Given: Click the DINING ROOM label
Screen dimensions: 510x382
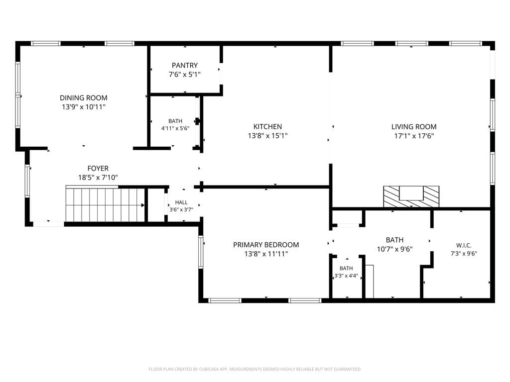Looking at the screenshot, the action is point(84,98).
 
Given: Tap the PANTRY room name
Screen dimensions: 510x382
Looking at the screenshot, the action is point(185,65).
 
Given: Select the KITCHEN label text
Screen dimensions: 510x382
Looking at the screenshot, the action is point(267,127).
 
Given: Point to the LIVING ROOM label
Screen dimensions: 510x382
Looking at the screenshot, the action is point(414,127).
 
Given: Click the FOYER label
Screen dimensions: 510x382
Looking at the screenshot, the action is point(98,168).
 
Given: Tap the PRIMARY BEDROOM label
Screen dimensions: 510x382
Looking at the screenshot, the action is point(266,245).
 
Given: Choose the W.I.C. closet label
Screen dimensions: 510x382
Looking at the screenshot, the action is point(464,246).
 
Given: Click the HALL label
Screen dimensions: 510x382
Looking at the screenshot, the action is point(181,202).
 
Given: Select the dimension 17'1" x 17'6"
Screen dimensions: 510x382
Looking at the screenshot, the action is point(414,136).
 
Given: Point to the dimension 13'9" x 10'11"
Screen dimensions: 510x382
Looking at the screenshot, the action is point(84,107).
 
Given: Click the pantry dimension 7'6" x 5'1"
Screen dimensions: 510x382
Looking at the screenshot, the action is point(185,75).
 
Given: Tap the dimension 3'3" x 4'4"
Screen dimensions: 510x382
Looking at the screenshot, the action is point(346,276).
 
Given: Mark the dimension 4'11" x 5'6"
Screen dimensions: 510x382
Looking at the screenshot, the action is point(175,128).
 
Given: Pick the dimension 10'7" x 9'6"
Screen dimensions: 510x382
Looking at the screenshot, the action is point(395,249).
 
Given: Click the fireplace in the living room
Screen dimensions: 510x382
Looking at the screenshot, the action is point(411,196).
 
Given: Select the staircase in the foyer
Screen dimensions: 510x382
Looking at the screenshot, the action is point(106,204).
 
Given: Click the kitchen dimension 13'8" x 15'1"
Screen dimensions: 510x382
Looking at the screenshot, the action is point(267,136).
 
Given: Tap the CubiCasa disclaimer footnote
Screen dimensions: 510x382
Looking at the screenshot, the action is point(255,369).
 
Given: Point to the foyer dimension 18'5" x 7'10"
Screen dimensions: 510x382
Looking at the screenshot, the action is point(98,178).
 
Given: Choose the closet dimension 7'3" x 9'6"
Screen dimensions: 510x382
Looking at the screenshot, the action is point(464,254).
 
